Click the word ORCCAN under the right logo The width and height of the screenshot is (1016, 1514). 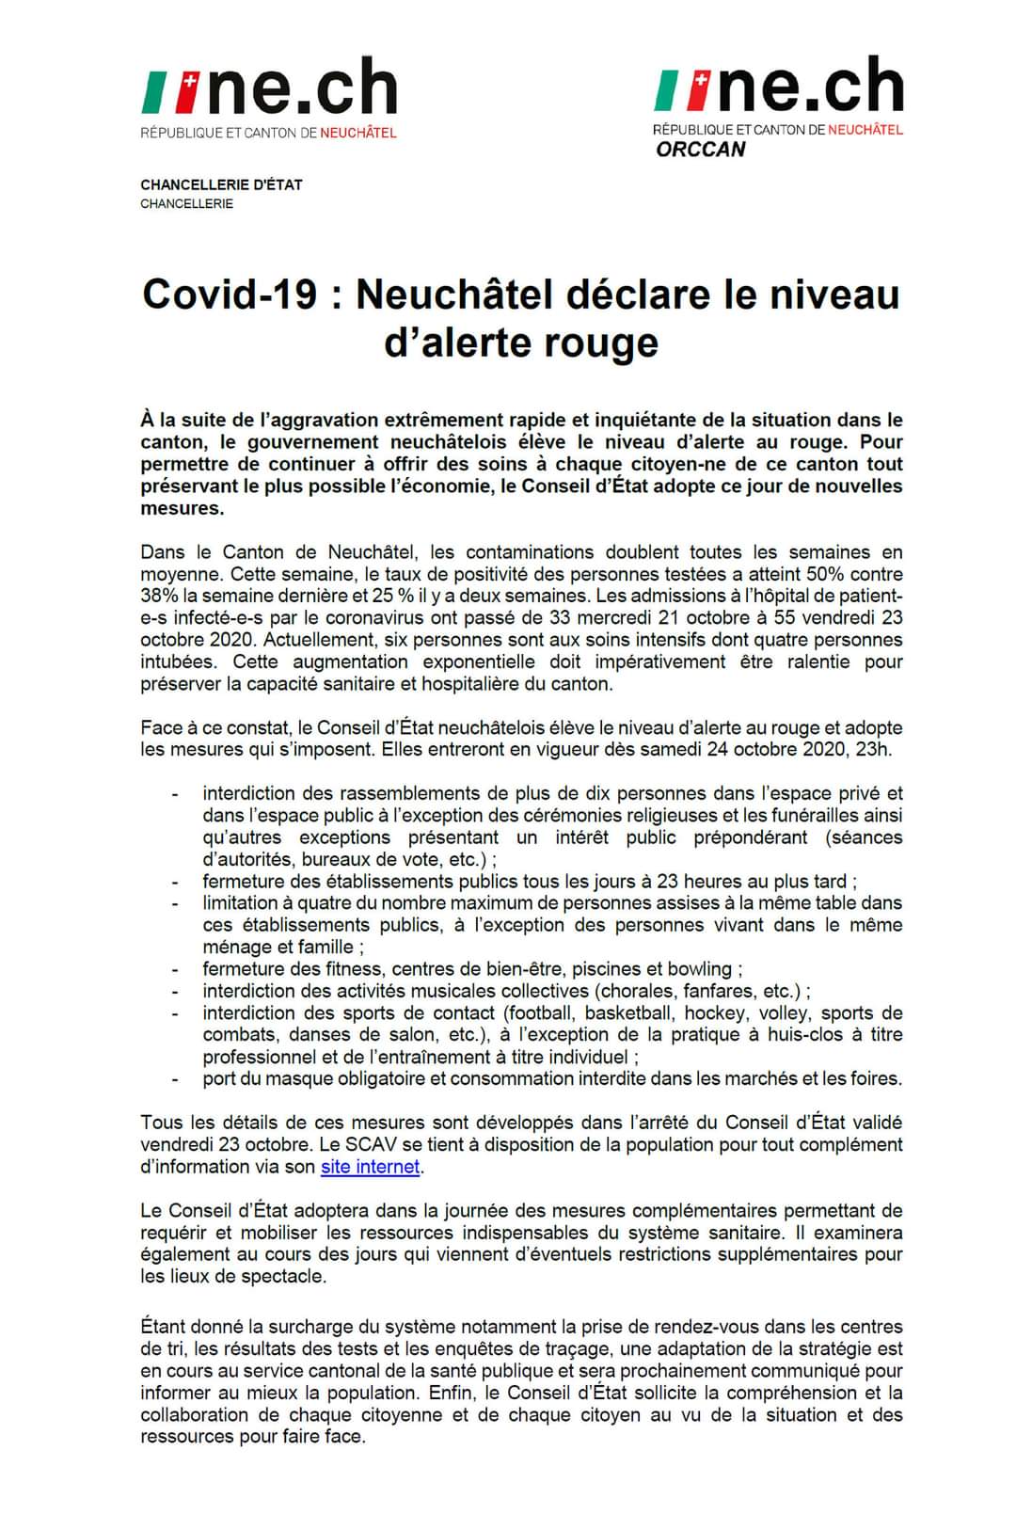(x=701, y=150)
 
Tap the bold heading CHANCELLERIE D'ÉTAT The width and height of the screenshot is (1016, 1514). (x=221, y=184)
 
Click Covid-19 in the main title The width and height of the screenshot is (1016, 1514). (x=230, y=295)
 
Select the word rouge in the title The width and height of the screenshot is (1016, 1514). (x=604, y=342)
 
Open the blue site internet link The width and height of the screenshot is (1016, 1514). (x=370, y=1167)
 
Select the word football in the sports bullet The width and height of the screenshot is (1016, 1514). (x=540, y=1013)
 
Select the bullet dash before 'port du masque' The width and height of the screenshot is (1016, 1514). (x=175, y=1079)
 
